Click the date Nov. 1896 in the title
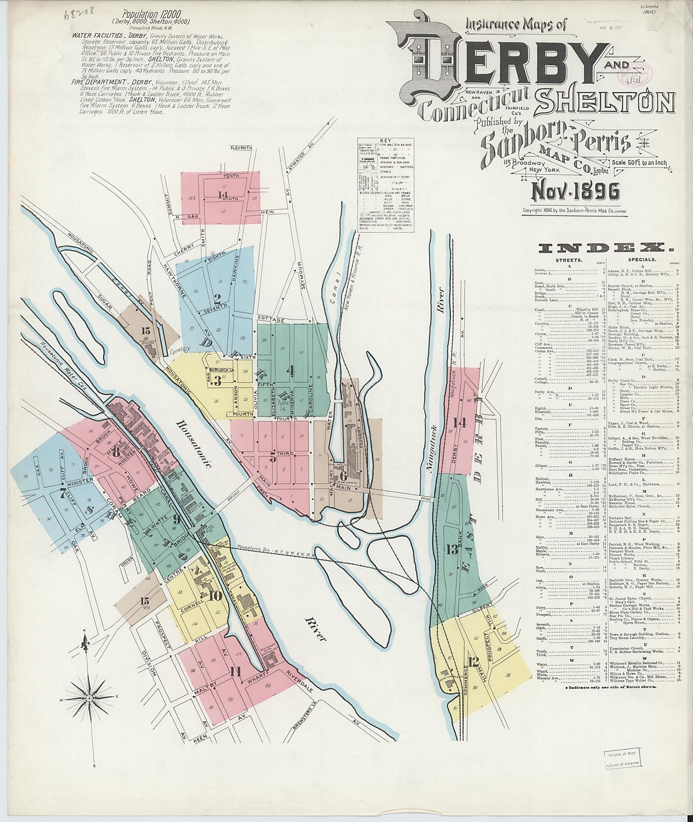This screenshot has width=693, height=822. (x=576, y=191)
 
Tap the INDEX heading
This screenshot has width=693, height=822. (x=603, y=249)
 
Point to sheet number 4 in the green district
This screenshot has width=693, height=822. (x=290, y=370)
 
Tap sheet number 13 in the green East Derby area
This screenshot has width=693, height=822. (x=452, y=549)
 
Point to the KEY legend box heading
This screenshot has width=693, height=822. (x=385, y=140)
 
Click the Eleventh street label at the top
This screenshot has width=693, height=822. (x=242, y=148)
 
